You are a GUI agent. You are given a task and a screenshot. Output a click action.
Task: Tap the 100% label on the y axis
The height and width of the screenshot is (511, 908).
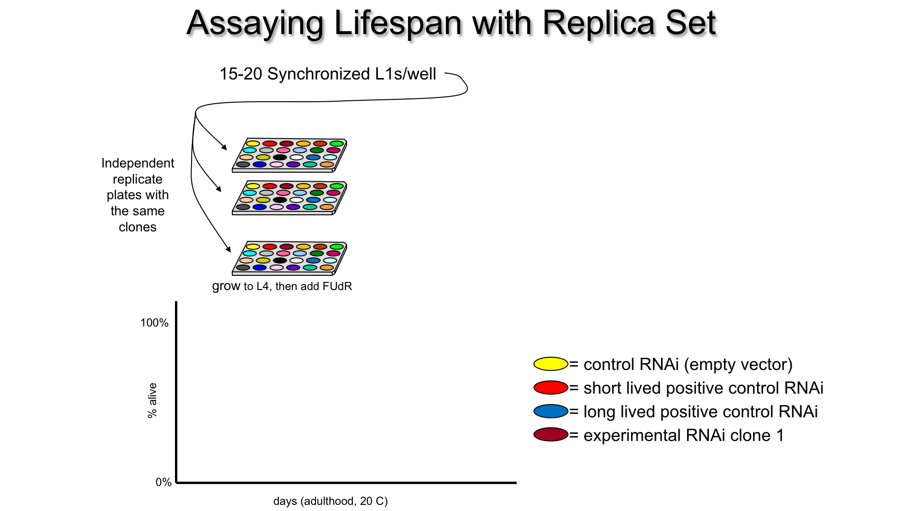coord(154,323)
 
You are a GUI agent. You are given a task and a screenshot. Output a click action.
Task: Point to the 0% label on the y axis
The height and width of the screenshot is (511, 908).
coord(163,482)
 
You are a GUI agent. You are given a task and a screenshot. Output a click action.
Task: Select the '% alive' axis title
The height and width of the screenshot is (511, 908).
coord(152,400)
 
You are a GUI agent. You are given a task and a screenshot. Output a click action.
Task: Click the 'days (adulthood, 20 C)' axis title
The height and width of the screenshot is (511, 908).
coord(330,501)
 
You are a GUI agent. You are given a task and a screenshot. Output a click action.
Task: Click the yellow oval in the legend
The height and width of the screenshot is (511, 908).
coord(550,364)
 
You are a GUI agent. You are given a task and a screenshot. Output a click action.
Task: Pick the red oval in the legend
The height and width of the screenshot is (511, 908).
coord(550,388)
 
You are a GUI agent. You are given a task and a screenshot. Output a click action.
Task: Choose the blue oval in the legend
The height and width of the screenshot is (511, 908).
coord(550,411)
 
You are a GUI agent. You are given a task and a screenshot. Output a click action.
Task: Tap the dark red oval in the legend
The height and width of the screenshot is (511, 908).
coord(550,434)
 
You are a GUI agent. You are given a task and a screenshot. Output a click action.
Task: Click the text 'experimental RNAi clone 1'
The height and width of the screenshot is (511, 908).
coord(683,435)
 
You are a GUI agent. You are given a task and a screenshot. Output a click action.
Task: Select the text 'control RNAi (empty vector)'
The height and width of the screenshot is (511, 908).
coord(688,364)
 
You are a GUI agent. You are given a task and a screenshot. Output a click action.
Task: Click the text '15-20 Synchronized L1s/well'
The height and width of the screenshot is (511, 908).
coord(328,74)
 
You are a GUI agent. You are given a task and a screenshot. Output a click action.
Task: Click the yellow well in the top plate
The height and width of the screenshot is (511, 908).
coord(253,143)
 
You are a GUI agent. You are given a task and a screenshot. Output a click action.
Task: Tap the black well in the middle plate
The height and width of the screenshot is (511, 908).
coord(280,200)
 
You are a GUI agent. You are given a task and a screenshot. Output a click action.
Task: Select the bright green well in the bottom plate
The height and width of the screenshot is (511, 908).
coord(337,247)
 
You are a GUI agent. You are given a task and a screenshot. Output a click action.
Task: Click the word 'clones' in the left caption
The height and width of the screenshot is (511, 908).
coord(138,227)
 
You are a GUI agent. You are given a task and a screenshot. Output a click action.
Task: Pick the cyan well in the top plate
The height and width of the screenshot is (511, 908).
coord(250,150)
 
